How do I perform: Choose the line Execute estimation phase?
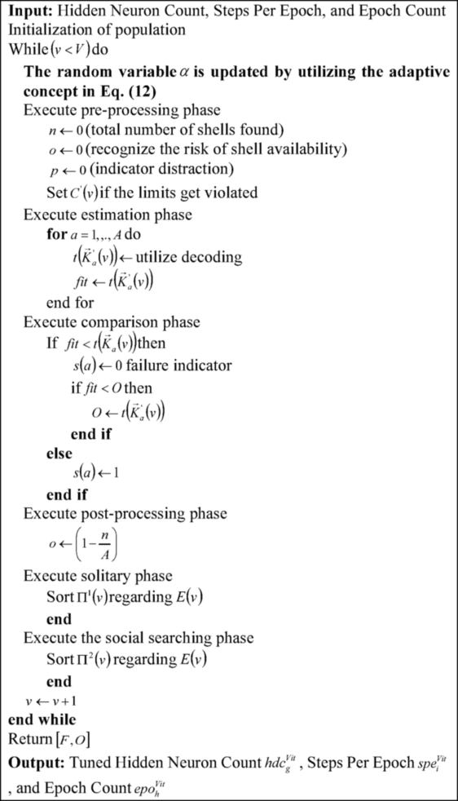tap(108, 215)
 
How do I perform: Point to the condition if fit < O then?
tap(111, 387)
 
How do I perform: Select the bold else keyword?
tap(59, 454)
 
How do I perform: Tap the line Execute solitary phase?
tap(98, 576)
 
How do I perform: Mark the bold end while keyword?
tap(42, 720)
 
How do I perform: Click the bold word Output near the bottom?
tap(37, 761)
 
